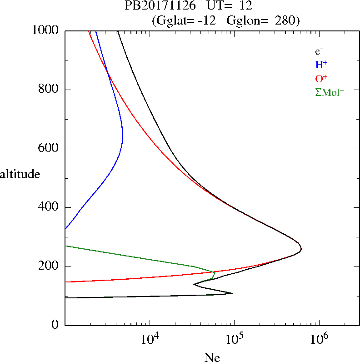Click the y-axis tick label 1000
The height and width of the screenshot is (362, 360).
(x=45, y=30)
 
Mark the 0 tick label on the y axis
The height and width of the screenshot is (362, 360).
(x=55, y=325)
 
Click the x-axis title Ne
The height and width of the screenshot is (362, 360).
(x=212, y=357)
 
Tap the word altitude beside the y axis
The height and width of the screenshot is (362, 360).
(x=20, y=174)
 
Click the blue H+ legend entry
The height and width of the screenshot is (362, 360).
(x=321, y=64)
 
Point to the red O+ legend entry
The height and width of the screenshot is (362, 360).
(x=321, y=78)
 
